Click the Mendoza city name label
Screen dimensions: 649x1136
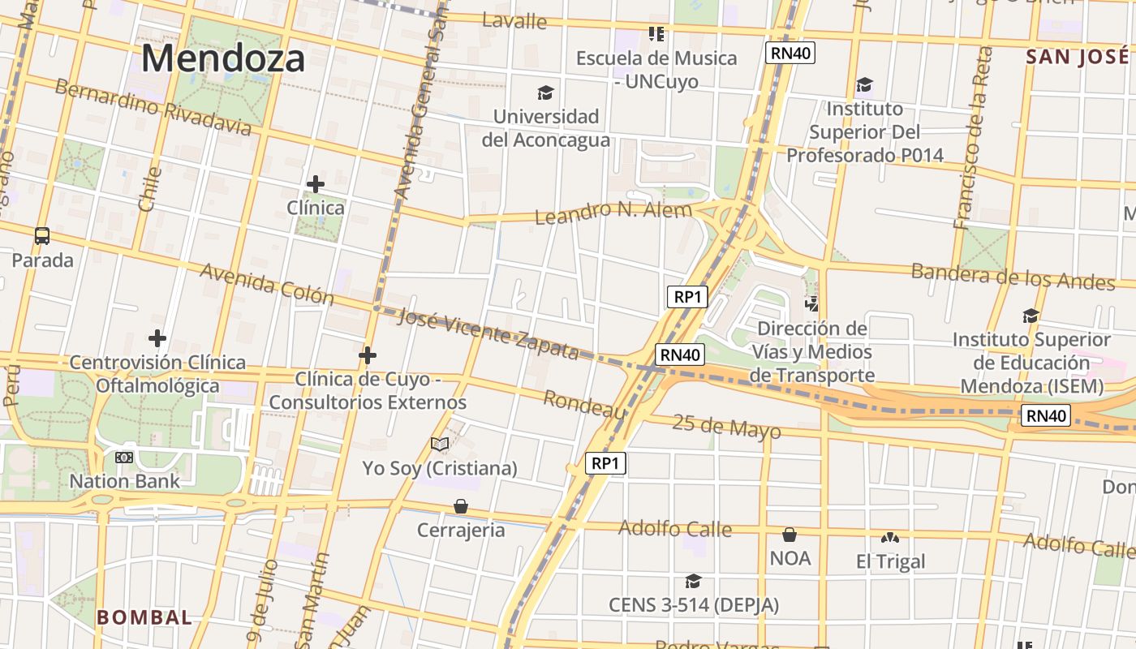[224, 58]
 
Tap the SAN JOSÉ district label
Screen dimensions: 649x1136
[1077, 57]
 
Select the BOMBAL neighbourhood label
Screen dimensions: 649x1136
[144, 617]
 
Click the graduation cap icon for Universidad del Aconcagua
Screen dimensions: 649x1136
[545, 93]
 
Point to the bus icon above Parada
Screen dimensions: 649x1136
[42, 236]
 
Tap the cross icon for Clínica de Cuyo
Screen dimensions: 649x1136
[368, 355]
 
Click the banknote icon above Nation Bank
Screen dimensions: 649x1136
[124, 458]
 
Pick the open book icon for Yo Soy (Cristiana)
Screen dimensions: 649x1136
[440, 445]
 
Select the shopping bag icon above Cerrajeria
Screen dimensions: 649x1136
[461, 506]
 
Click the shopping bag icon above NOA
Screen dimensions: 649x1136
[790, 535]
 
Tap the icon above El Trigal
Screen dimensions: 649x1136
[890, 538]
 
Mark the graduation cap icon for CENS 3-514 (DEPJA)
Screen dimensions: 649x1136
[693, 582]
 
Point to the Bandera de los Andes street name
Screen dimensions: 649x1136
[1013, 276]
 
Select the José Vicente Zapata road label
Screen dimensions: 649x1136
[488, 333]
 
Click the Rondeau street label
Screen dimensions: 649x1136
[584, 405]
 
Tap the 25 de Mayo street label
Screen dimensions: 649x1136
[726, 427]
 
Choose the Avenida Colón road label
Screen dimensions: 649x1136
[267, 284]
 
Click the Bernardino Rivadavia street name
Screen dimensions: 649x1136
[153, 108]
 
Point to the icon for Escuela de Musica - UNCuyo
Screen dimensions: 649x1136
[656, 34]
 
